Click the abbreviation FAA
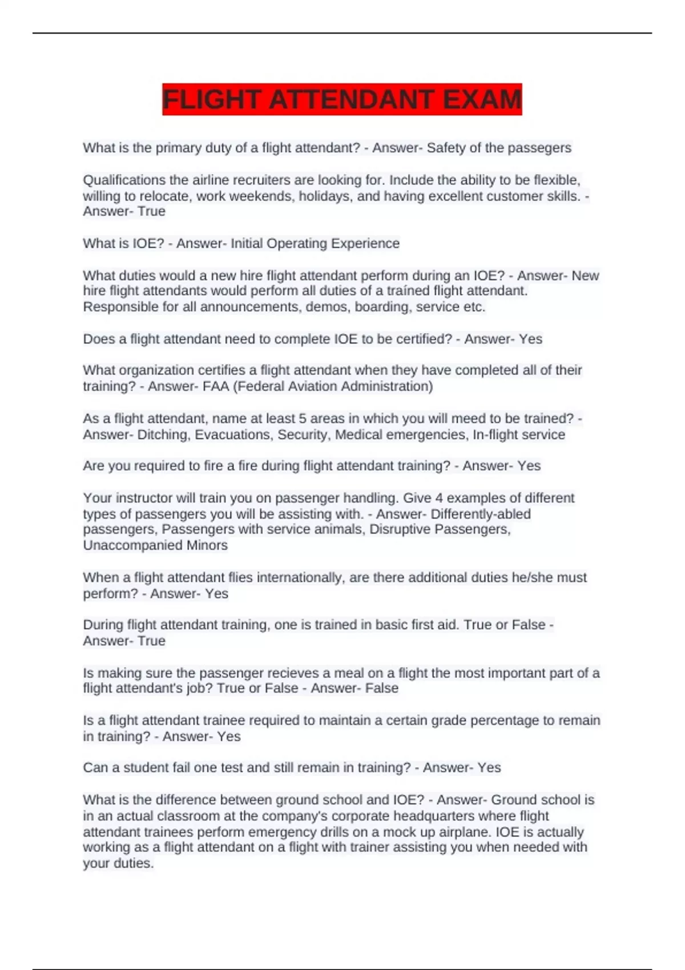coord(216,386)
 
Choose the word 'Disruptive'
coord(400,530)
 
